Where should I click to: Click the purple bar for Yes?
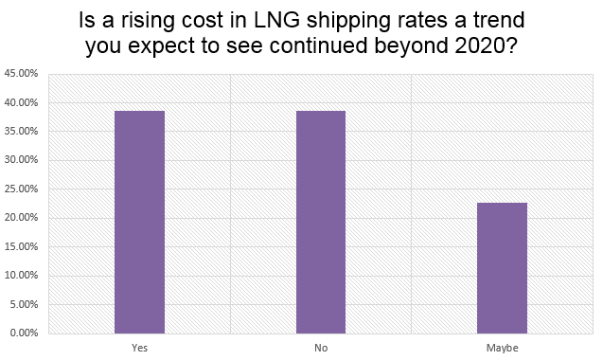coord(139,222)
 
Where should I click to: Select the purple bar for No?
coord(321,222)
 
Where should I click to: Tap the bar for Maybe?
coord(502,268)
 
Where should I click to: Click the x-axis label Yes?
coord(139,348)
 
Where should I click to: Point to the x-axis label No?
coord(321,348)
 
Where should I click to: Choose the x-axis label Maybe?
coord(502,348)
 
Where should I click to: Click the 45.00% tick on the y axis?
coord(21,73)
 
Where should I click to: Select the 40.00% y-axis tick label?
coord(21,102)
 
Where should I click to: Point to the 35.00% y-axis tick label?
coord(21,131)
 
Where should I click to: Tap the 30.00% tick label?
coord(21,160)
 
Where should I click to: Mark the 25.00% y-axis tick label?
coord(21,189)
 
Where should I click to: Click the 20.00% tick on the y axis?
coord(21,218)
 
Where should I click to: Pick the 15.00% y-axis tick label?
coord(21,246)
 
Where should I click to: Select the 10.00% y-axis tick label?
coord(21,276)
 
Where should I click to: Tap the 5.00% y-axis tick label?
coord(24,304)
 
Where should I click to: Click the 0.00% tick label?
coord(24,333)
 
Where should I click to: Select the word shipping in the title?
coord(333,21)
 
